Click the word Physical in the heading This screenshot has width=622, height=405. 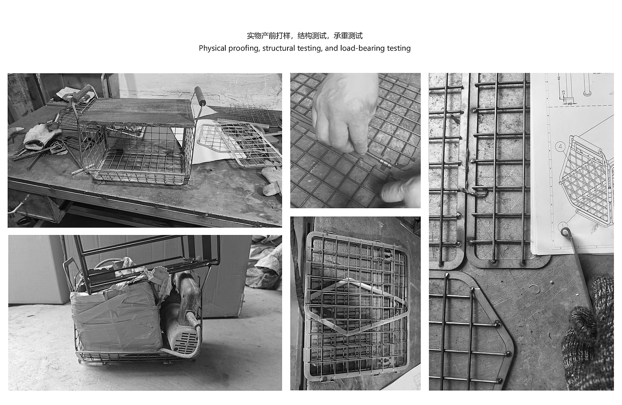pos(212,48)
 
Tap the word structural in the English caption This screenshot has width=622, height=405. pos(278,48)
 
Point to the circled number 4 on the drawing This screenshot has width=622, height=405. pos(560,146)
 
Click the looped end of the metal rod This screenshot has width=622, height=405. pos(566,232)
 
